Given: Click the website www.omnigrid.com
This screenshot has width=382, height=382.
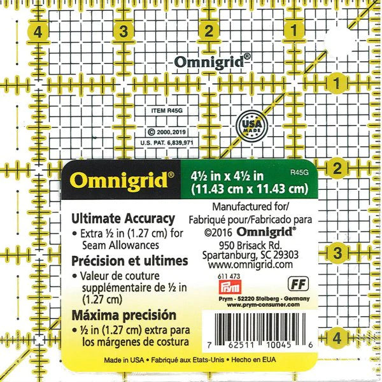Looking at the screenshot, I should coord(250,264).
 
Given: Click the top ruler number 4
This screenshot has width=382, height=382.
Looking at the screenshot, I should coord(39,31).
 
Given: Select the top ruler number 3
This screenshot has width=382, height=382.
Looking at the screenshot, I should coord(124,31).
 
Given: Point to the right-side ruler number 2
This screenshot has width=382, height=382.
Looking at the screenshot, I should coord(337,169).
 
